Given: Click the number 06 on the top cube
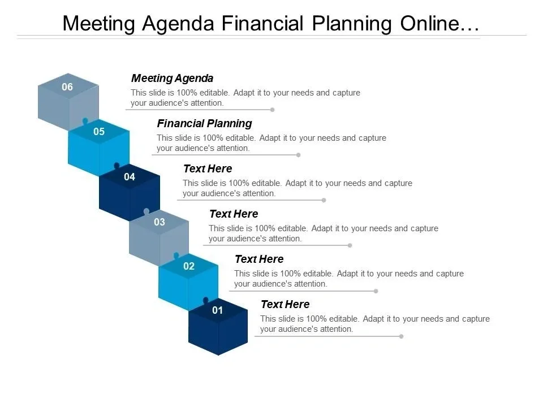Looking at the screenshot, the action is coord(67,86).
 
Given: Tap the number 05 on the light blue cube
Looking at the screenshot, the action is coord(98,132).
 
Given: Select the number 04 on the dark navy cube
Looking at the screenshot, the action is coord(130,177).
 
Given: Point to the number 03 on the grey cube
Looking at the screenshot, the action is coord(160,222).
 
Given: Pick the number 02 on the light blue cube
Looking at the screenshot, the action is coord(189,266).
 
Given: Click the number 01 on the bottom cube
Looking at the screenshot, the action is coord(217,310).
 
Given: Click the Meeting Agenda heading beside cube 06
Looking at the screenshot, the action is coord(172,79).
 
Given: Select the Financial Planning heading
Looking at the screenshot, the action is coord(204,124).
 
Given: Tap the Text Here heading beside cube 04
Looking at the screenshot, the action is coord(208,168).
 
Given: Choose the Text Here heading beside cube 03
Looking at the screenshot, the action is coord(234,214).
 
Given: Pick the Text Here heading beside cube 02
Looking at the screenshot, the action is coord(260,259).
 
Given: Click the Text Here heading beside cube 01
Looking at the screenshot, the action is coord(285,304).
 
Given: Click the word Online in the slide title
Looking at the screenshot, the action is coord(430,24).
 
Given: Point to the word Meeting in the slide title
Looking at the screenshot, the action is coord(98,24).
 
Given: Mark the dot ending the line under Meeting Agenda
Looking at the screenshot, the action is coord(273,110).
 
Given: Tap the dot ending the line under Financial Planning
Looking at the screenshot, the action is coord(299,155).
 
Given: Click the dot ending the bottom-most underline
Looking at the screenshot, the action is coord(402,336).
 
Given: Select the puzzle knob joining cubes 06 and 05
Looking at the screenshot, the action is coord(85,121).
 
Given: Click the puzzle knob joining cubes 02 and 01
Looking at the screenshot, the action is coord(206,300).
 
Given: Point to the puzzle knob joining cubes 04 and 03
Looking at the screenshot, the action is coord(146,211).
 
